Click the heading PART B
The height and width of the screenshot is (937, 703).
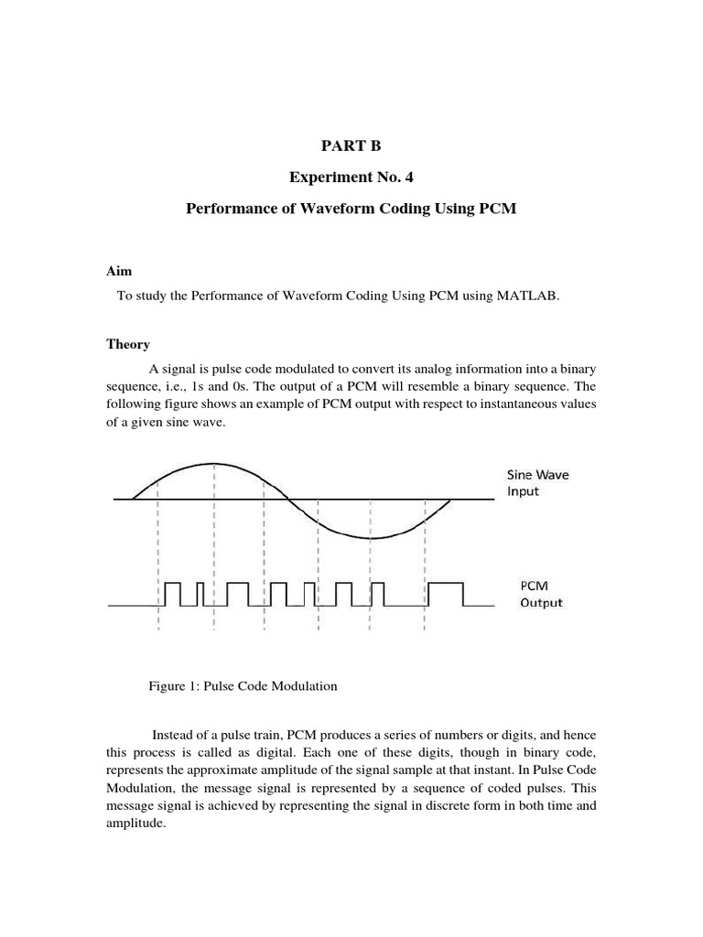351,145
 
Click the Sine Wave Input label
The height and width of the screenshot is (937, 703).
536,482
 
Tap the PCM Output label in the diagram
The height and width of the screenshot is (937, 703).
541,593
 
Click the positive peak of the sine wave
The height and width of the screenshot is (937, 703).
213,464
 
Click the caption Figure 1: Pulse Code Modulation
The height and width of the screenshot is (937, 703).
243,686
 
